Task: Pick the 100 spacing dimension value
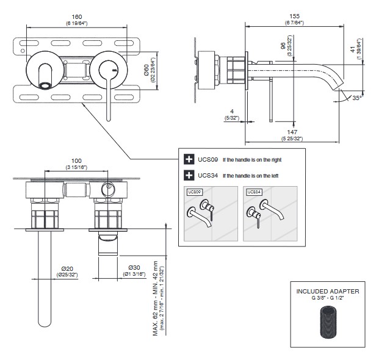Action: click(x=76, y=160)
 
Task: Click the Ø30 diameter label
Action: click(x=134, y=268)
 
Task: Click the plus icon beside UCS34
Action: click(x=189, y=176)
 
